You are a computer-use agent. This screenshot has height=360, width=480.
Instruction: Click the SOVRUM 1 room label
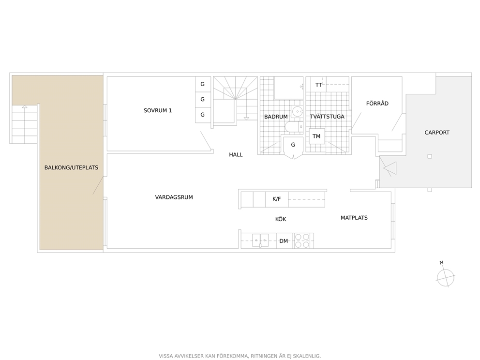[x=158, y=110]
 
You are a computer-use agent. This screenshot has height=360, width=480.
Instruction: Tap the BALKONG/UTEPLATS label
[x=71, y=167]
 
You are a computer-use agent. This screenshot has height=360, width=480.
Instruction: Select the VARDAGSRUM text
[x=174, y=197]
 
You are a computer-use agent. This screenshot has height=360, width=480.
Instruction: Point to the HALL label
[x=236, y=154]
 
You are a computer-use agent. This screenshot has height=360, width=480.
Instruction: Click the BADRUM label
[x=276, y=117]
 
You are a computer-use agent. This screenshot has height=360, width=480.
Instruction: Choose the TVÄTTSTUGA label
[x=327, y=116]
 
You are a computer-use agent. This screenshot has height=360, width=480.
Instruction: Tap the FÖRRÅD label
[x=377, y=103]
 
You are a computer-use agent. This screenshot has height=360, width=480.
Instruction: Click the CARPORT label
[x=437, y=133]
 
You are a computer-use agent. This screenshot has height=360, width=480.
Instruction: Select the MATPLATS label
[x=354, y=218]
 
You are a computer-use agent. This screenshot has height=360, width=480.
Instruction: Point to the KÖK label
[x=281, y=219]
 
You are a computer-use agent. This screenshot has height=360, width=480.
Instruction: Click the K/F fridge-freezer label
[x=276, y=199]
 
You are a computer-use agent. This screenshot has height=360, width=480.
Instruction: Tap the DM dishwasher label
[x=284, y=241]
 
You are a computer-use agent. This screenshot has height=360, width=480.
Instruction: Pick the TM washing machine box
[x=316, y=136]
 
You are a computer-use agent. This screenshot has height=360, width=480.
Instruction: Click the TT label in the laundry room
[x=318, y=85]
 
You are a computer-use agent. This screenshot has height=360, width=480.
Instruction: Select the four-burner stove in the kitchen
[x=303, y=240]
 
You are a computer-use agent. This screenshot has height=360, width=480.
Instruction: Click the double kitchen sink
[x=260, y=240]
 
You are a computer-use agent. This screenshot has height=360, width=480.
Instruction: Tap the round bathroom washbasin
[x=297, y=112]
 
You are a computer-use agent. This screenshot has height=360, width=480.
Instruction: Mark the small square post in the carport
[x=430, y=156]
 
